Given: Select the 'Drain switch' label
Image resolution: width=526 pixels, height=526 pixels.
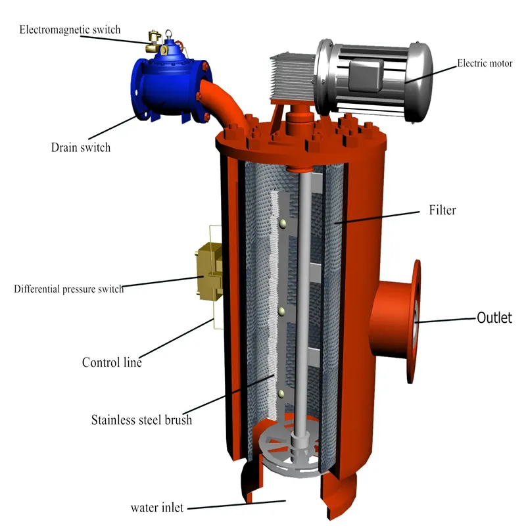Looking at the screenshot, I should tap(81, 147).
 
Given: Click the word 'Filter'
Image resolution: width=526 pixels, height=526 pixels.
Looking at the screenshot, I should tap(442, 211).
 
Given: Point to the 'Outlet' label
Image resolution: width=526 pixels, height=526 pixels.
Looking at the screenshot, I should tap(494, 318).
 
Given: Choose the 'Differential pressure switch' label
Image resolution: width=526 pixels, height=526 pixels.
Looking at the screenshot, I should tap(68, 289).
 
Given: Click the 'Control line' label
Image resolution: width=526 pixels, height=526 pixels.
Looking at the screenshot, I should tap(112, 362).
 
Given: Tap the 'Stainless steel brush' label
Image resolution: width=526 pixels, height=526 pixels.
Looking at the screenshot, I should tap(141, 419).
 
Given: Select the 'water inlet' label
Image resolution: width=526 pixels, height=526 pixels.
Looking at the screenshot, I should tap(156, 508).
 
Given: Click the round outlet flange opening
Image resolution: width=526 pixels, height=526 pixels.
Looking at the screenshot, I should tap(417, 321).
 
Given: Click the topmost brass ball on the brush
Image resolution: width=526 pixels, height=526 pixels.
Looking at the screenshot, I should tap(281, 225).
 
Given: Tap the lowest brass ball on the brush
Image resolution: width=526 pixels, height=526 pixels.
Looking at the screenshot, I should tap(281, 393).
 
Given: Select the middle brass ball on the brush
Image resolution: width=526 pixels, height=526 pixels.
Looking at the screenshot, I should tap(281, 309).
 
